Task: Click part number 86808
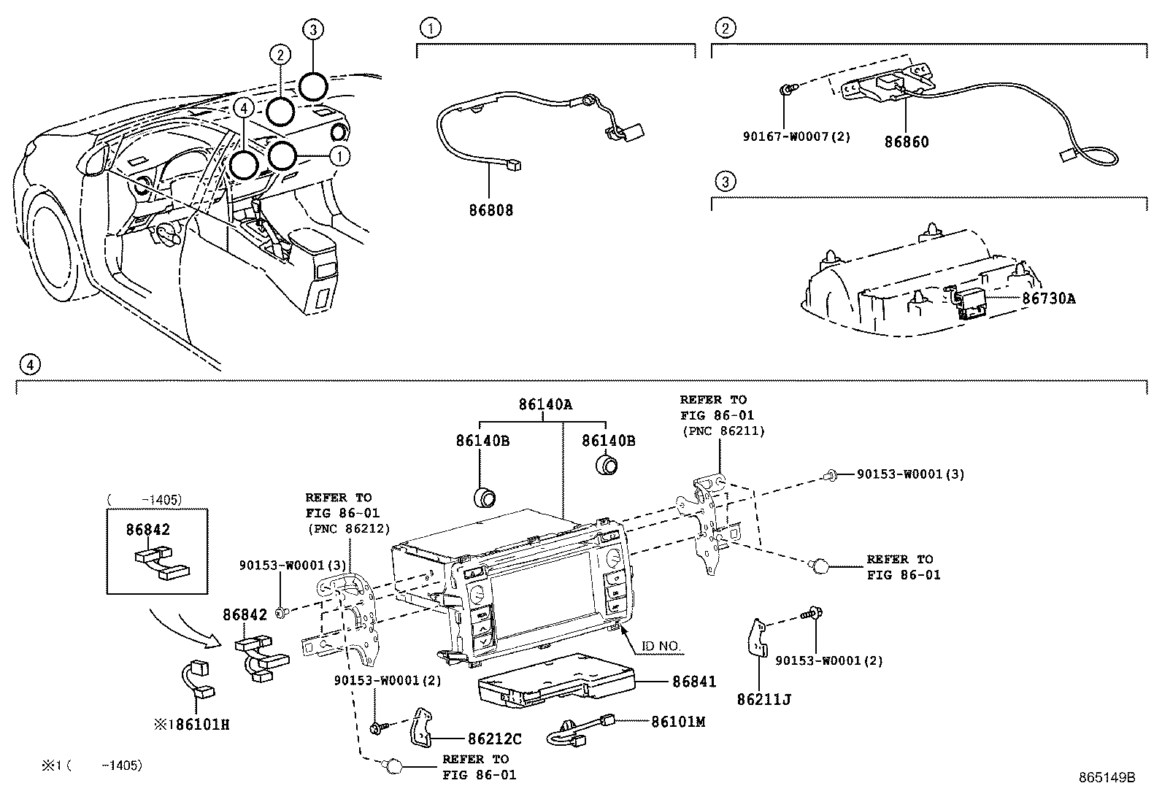click(x=490, y=210)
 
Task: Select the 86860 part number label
click(x=907, y=142)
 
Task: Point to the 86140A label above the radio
click(x=545, y=403)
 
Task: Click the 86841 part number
click(x=694, y=682)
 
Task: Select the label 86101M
click(x=678, y=722)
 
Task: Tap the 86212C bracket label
click(x=495, y=739)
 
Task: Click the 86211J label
click(x=764, y=699)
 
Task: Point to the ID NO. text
click(x=661, y=647)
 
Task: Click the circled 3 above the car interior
click(x=312, y=30)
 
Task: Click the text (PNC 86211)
click(x=723, y=431)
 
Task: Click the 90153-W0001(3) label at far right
click(x=910, y=474)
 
